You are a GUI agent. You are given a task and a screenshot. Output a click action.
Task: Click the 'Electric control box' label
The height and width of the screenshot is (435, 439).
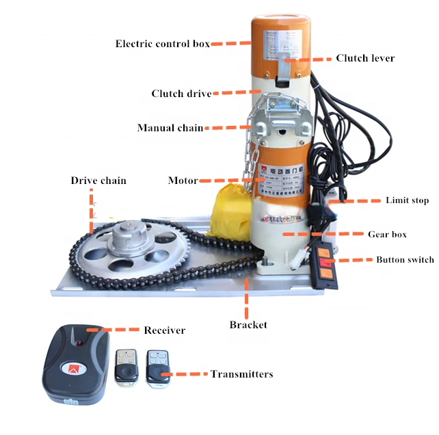pyautogui.click(x=162, y=44)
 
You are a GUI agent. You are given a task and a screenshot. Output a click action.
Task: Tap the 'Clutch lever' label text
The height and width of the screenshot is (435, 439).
pyautogui.click(x=365, y=58)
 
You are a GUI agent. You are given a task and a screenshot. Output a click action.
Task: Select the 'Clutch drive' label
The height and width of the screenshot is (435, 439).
pyautogui.click(x=181, y=94)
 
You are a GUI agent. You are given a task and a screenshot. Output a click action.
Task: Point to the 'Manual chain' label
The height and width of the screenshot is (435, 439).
pyautogui.click(x=170, y=128)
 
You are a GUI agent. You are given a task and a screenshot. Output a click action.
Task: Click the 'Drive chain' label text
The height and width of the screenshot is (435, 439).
pyautogui.click(x=98, y=181)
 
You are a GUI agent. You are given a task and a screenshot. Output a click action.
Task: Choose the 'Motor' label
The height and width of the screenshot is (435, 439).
pyautogui.click(x=183, y=181)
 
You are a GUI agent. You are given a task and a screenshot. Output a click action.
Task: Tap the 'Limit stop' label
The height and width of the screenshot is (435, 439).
pyautogui.click(x=408, y=200)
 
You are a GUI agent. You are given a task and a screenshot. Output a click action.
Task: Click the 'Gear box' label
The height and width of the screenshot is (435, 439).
pyautogui.click(x=387, y=234)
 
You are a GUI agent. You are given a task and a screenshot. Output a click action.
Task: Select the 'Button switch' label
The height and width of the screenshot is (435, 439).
pyautogui.click(x=405, y=260)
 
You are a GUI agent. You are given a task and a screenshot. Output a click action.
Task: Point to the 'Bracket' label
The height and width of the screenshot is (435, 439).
pyautogui.click(x=249, y=324)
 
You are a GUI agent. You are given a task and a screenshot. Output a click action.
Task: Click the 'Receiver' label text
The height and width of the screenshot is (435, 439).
pyautogui.click(x=164, y=330)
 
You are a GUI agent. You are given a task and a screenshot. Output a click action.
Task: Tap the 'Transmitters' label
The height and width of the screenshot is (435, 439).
pyautogui.click(x=241, y=374)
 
